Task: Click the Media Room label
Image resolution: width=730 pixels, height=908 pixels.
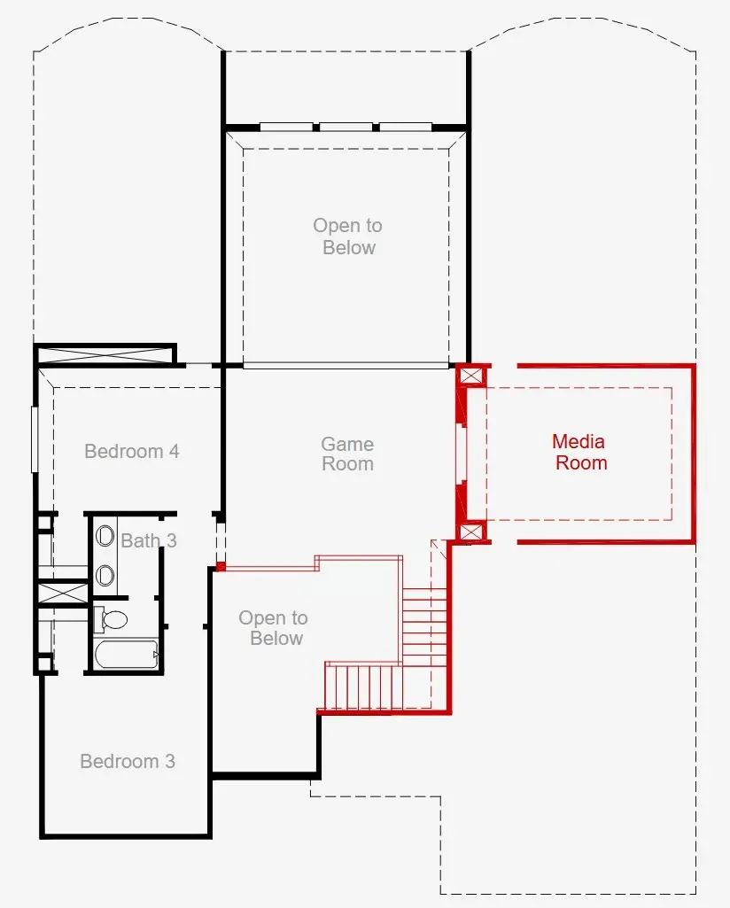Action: pyautogui.click(x=580, y=452)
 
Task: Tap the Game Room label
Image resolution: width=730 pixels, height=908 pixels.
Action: pyautogui.click(x=347, y=454)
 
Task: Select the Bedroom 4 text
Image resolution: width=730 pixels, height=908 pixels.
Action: pyautogui.click(x=132, y=451)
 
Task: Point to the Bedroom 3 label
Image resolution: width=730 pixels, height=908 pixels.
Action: pyautogui.click(x=128, y=761)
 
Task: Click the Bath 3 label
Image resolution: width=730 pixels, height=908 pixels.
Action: pyautogui.click(x=149, y=540)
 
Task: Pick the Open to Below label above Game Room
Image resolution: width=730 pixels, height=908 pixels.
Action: pyautogui.click(x=348, y=237)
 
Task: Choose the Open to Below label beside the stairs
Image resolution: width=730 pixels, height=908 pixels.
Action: pyautogui.click(x=274, y=628)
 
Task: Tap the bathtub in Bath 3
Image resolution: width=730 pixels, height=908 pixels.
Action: pyautogui.click(x=125, y=656)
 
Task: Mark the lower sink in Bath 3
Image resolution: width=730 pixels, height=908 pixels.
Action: pyautogui.click(x=105, y=576)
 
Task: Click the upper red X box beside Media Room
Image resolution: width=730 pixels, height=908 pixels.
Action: pyautogui.click(x=471, y=376)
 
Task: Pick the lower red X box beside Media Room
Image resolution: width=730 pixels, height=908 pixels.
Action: pyautogui.click(x=471, y=532)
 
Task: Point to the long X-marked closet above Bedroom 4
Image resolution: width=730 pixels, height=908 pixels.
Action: pyautogui.click(x=105, y=356)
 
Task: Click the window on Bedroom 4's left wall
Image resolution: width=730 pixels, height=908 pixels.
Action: pyautogui.click(x=35, y=439)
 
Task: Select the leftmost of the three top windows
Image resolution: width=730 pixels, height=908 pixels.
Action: pyautogui.click(x=285, y=127)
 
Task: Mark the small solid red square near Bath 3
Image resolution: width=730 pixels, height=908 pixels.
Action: pyautogui.click(x=221, y=565)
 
